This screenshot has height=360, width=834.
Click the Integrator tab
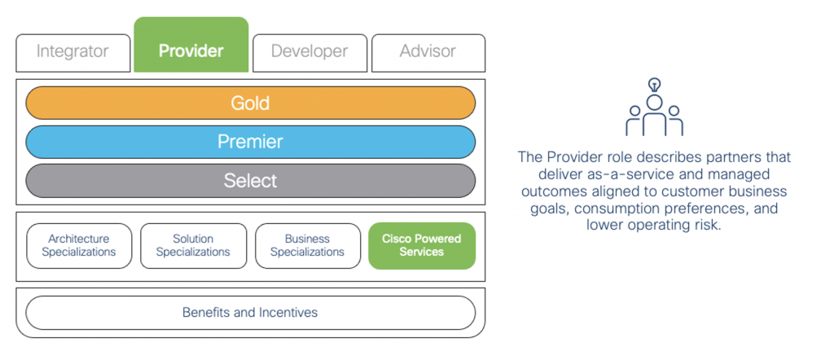coord(72,52)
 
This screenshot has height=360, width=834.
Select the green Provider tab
coord(191,50)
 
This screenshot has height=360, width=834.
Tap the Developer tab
coord(309,52)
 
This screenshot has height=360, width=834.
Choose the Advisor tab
coord(428,52)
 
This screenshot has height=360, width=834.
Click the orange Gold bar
coord(250,103)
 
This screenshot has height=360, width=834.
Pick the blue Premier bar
coord(250,142)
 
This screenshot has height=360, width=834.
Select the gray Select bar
coord(250,180)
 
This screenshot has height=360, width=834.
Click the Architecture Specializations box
coord(79,245)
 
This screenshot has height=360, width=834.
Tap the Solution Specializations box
coord(193,245)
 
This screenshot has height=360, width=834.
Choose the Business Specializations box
coord(307,245)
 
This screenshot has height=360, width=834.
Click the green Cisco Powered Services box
coord(421,245)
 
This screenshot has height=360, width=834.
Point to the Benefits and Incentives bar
coord(250,313)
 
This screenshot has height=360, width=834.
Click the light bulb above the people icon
coord(654,84)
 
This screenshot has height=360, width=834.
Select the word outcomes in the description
coord(555,191)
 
